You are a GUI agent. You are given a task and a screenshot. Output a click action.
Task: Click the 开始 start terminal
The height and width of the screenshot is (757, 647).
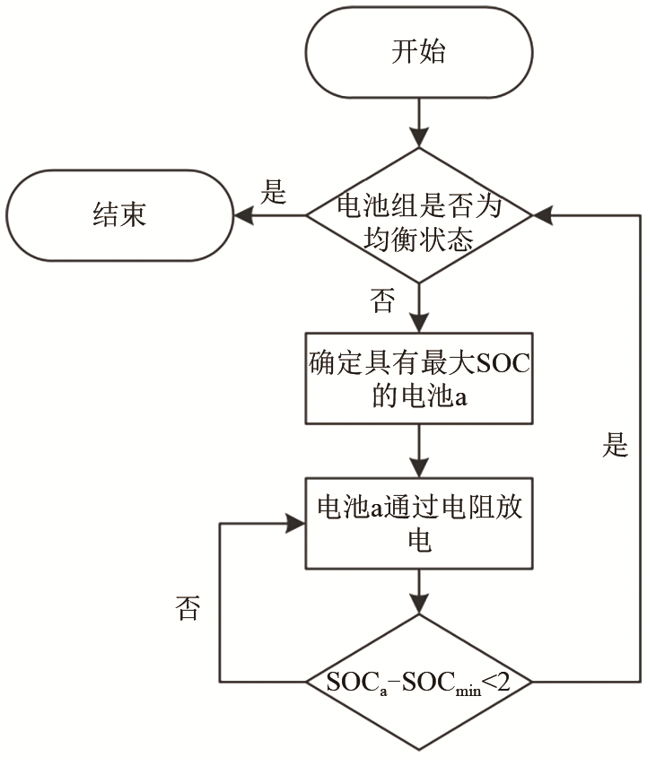418,52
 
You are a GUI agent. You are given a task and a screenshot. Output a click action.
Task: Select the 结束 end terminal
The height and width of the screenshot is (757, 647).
119,215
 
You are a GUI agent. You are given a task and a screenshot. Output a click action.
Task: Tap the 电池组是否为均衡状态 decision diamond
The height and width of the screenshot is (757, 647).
418,215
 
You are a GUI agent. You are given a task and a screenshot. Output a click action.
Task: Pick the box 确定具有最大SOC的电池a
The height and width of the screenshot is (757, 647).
418,378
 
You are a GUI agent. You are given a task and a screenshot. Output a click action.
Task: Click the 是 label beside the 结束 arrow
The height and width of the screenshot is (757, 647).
273,192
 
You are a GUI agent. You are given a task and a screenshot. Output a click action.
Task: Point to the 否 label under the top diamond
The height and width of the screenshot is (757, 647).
382,300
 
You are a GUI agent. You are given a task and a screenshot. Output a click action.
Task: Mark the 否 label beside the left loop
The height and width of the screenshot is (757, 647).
188,612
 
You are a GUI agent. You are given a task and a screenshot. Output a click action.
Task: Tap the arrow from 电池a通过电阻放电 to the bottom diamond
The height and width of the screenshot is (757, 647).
418,592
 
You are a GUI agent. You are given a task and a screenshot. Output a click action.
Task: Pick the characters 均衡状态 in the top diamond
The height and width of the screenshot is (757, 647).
418,238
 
